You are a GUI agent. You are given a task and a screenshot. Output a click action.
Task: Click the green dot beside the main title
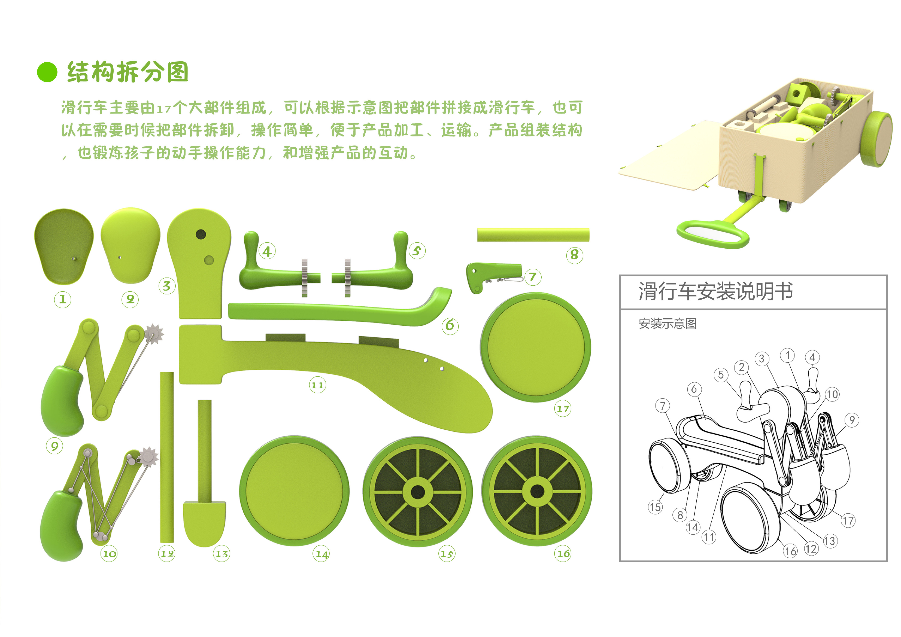pyautogui.click(x=47, y=72)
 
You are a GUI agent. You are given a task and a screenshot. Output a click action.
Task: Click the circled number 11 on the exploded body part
pyautogui.click(x=317, y=385)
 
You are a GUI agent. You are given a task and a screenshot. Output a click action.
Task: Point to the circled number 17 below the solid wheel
pyautogui.click(x=562, y=409)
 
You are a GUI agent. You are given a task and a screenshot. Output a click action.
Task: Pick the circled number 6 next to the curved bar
pyautogui.click(x=450, y=325)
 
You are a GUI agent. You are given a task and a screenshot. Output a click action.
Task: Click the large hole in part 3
pyautogui.click(x=201, y=234)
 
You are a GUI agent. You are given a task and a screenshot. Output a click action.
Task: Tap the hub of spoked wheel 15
pyautogui.click(x=418, y=492)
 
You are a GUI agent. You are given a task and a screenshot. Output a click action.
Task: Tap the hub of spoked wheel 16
pyautogui.click(x=537, y=491)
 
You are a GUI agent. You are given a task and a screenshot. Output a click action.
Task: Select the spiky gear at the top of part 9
pyautogui.click(x=154, y=333)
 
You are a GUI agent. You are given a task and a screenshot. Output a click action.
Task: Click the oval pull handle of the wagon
pyautogui.click(x=713, y=234)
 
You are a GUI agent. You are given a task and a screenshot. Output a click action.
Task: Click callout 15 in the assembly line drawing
pyautogui.click(x=654, y=507)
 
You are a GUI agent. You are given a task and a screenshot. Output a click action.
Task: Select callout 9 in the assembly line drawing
pyautogui.click(x=852, y=420)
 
